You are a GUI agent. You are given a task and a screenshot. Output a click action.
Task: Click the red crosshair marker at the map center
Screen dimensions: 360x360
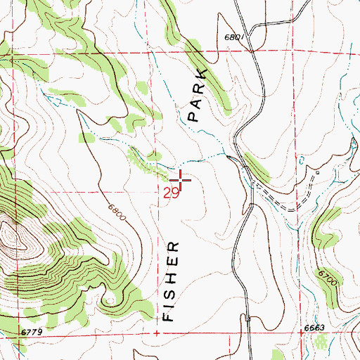tap(181, 181)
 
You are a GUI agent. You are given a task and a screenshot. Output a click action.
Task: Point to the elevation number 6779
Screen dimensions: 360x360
tap(12, 332)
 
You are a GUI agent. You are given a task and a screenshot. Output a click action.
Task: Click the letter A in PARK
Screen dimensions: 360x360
tap(196, 103)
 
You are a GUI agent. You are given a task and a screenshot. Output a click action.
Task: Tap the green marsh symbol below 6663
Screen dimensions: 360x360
tap(321, 343)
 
